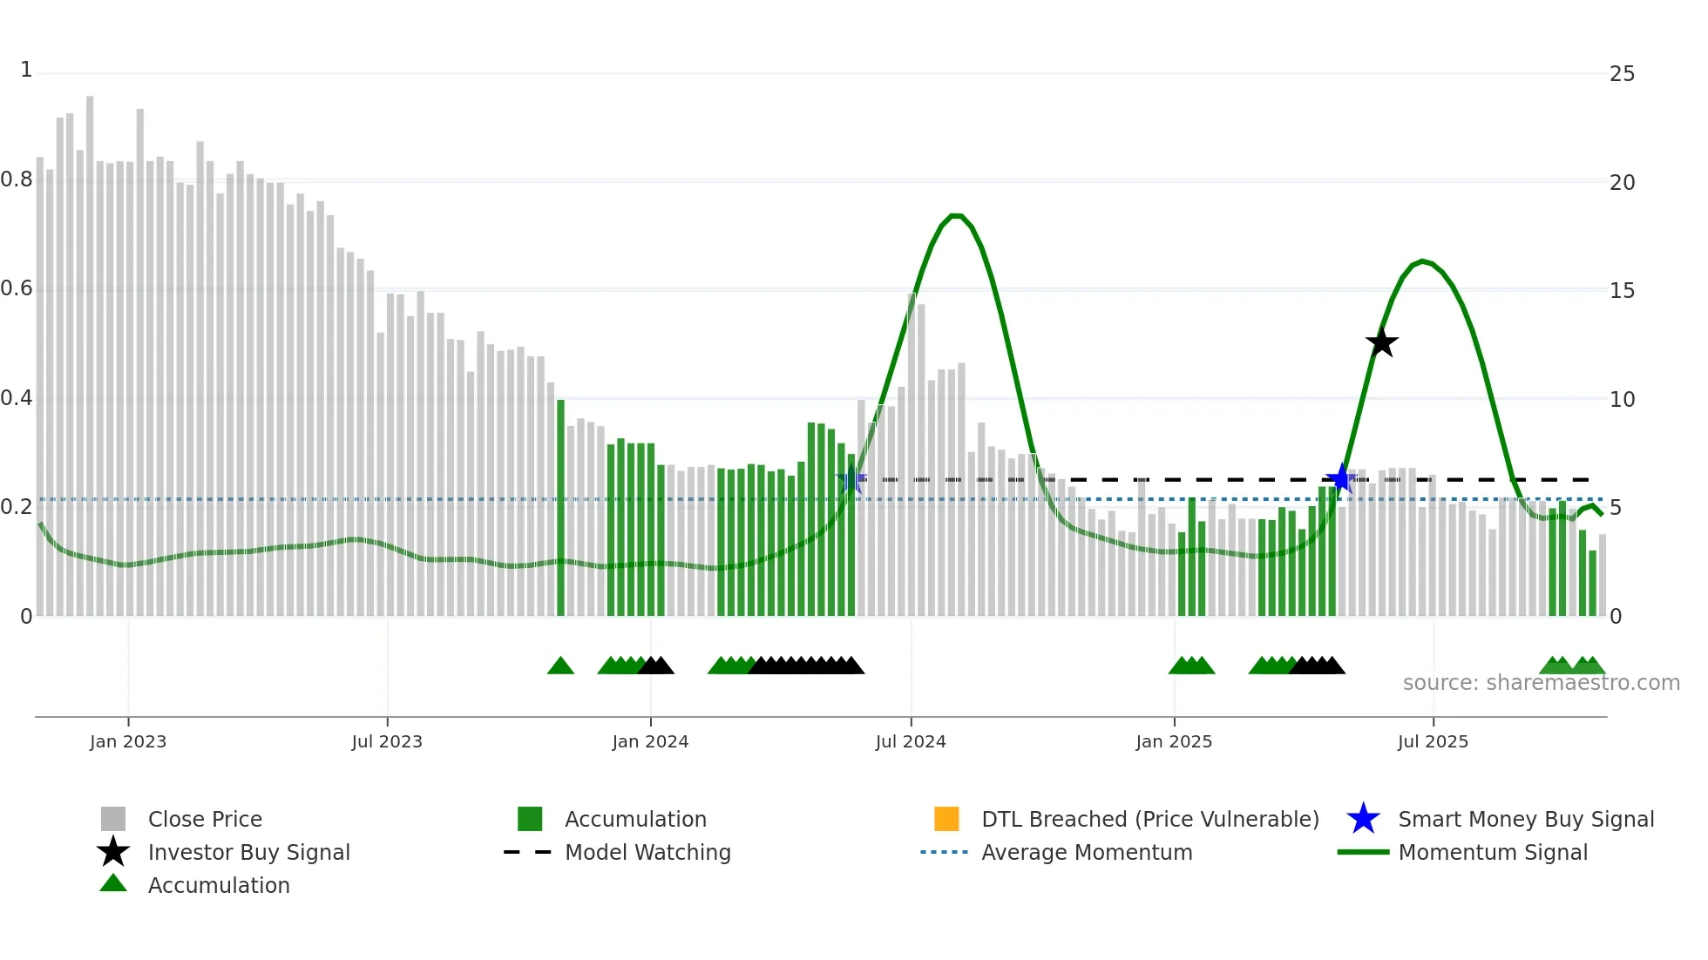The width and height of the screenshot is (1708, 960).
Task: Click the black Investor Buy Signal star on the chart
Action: tap(1381, 342)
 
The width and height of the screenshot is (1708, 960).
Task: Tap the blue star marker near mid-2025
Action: tap(1341, 478)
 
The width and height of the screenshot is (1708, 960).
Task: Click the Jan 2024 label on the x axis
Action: tap(650, 742)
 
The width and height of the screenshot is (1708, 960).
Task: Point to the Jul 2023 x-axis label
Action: tap(387, 742)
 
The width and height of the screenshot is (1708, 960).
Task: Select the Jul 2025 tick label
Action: tap(1433, 742)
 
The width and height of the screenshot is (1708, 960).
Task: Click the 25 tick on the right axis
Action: tap(1622, 74)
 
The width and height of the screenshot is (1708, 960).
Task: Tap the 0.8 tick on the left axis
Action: tap(17, 180)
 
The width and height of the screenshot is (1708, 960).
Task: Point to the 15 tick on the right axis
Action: tap(1622, 291)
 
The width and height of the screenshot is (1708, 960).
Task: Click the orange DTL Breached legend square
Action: tap(946, 819)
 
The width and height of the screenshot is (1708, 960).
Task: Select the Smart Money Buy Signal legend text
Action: tap(1526, 820)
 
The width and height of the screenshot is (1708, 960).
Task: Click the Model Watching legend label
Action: tap(647, 853)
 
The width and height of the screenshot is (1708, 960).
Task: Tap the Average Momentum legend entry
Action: tap(1087, 853)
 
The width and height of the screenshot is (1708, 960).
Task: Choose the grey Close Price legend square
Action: tap(113, 819)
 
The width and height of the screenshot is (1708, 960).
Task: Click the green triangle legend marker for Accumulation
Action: tap(113, 884)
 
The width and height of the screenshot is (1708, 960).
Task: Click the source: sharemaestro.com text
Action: tap(1541, 683)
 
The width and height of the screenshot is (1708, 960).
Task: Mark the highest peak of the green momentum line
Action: tap(956, 215)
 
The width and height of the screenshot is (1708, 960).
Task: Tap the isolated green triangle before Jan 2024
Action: tap(560, 666)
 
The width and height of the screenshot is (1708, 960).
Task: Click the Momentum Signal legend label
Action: tap(1493, 853)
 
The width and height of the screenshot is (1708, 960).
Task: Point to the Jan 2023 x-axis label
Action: tap(128, 742)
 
